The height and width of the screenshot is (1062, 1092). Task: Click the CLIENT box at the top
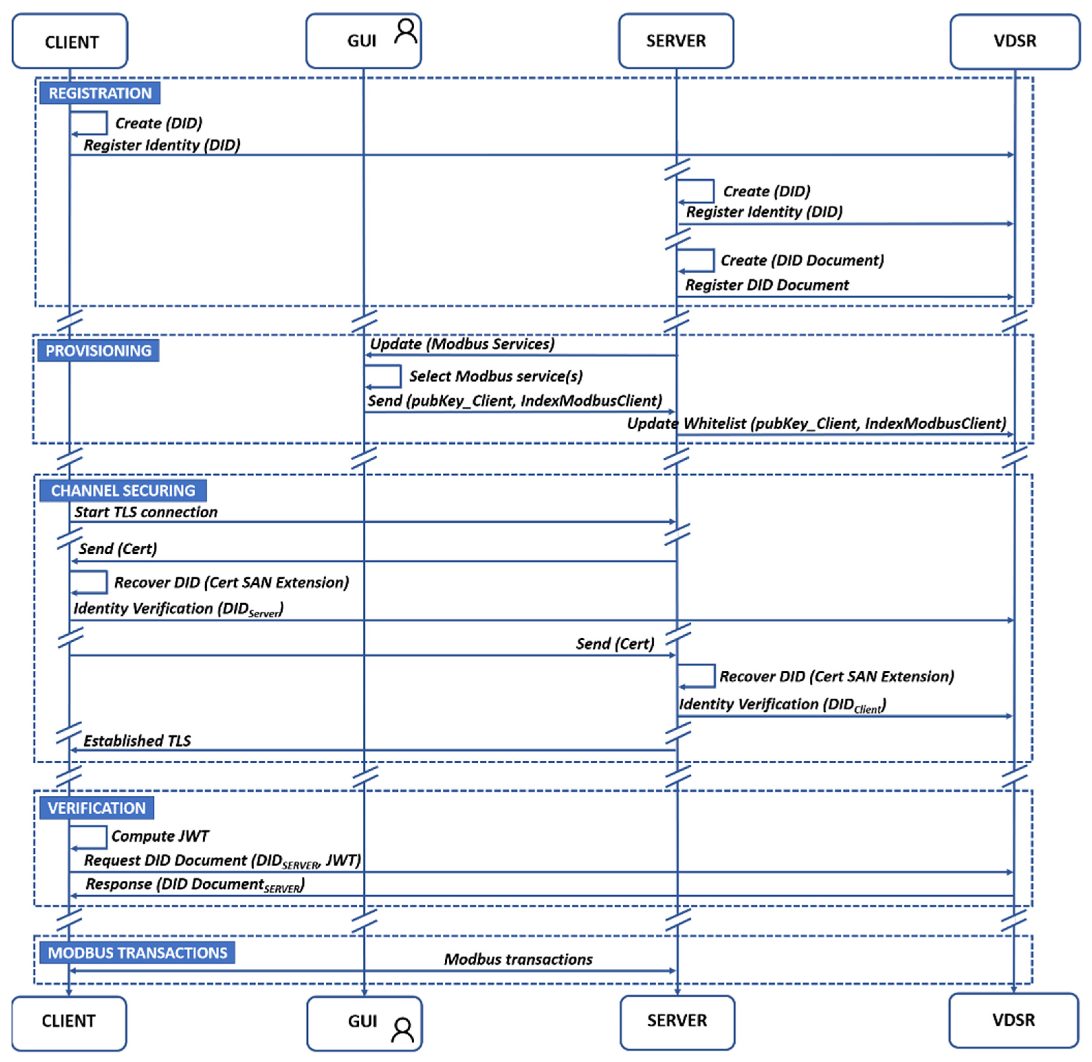tap(70, 42)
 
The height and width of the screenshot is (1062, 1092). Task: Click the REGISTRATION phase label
tap(100, 93)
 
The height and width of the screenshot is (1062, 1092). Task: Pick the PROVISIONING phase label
tap(98, 351)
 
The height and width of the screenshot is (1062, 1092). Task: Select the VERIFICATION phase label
tap(97, 808)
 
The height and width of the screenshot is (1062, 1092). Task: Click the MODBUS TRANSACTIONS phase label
tap(137, 953)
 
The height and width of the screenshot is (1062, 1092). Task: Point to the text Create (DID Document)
tap(802, 261)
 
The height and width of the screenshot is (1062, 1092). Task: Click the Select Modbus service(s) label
tap(496, 376)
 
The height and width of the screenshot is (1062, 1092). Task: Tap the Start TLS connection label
tap(146, 512)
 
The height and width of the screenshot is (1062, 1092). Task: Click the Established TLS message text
tap(137, 741)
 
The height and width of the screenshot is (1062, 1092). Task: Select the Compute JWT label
tap(160, 836)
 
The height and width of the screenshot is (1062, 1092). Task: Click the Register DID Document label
tap(766, 285)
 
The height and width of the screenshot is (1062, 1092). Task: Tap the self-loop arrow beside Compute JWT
tap(88, 837)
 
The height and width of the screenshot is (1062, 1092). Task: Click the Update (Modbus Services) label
tap(462, 344)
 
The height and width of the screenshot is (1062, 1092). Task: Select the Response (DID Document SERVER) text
tap(194, 885)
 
